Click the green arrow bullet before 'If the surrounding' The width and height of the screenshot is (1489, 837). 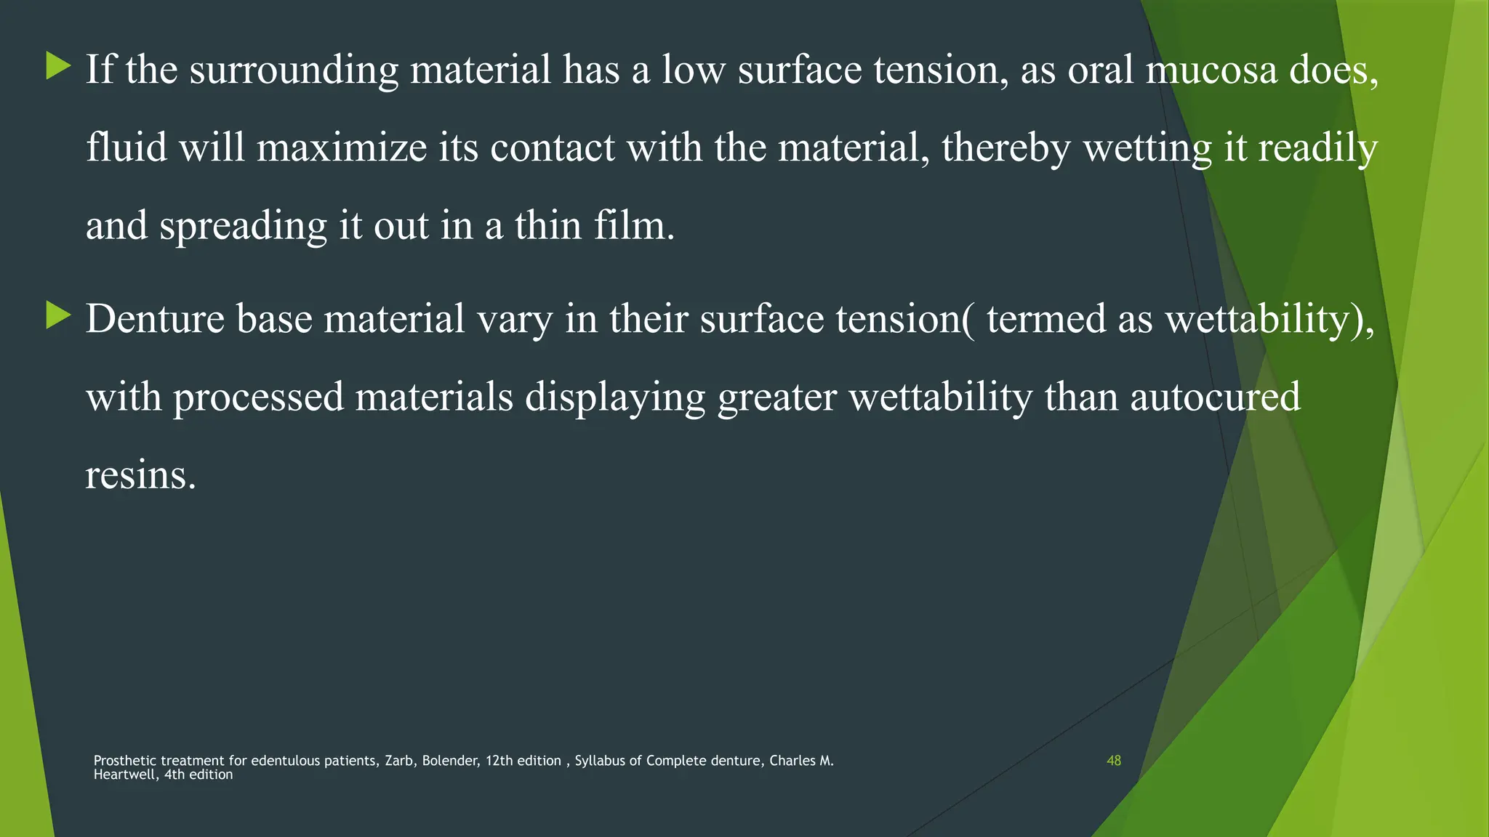(58, 66)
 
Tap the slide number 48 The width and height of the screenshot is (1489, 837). (1113, 761)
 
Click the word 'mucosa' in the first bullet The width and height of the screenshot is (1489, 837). (1211, 70)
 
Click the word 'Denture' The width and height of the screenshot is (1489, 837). (155, 319)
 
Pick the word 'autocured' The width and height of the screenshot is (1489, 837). (1215, 397)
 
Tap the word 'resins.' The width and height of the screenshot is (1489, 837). (141, 475)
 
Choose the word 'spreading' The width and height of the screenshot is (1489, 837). (243, 225)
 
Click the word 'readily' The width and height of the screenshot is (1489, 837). (1317, 147)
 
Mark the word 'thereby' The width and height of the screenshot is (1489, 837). (1006, 147)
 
